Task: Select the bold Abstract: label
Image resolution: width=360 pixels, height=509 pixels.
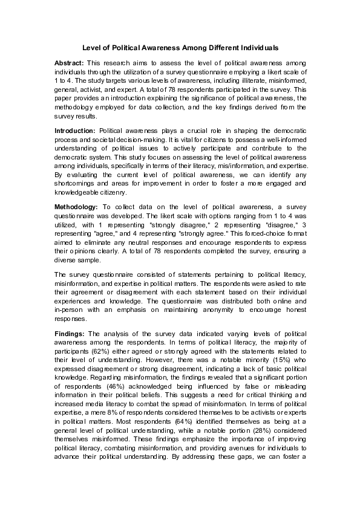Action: [70, 63]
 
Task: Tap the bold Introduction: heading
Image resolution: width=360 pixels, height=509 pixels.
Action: [75, 130]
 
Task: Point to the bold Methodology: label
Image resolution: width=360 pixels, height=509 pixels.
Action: [76, 207]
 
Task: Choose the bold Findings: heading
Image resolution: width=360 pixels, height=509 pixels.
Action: [70, 333]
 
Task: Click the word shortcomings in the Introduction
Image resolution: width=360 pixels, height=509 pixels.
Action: [74, 183]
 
